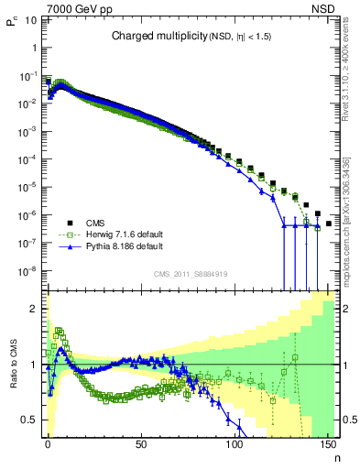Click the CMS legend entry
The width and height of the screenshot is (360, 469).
[95, 223]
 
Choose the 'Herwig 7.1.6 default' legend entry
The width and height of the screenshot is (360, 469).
[121, 234]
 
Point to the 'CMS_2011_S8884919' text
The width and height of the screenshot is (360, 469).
[191, 274]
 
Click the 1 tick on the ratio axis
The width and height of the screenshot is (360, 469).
[36, 365]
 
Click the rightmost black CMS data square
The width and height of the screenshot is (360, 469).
[328, 224]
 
